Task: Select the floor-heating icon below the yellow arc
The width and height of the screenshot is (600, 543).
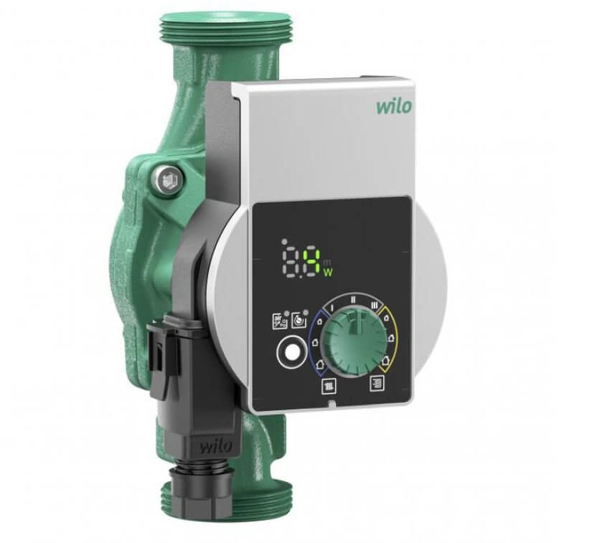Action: [x=377, y=383]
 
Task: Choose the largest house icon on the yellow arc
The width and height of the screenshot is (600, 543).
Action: [x=385, y=361]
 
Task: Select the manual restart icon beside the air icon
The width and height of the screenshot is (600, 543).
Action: [x=298, y=318]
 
